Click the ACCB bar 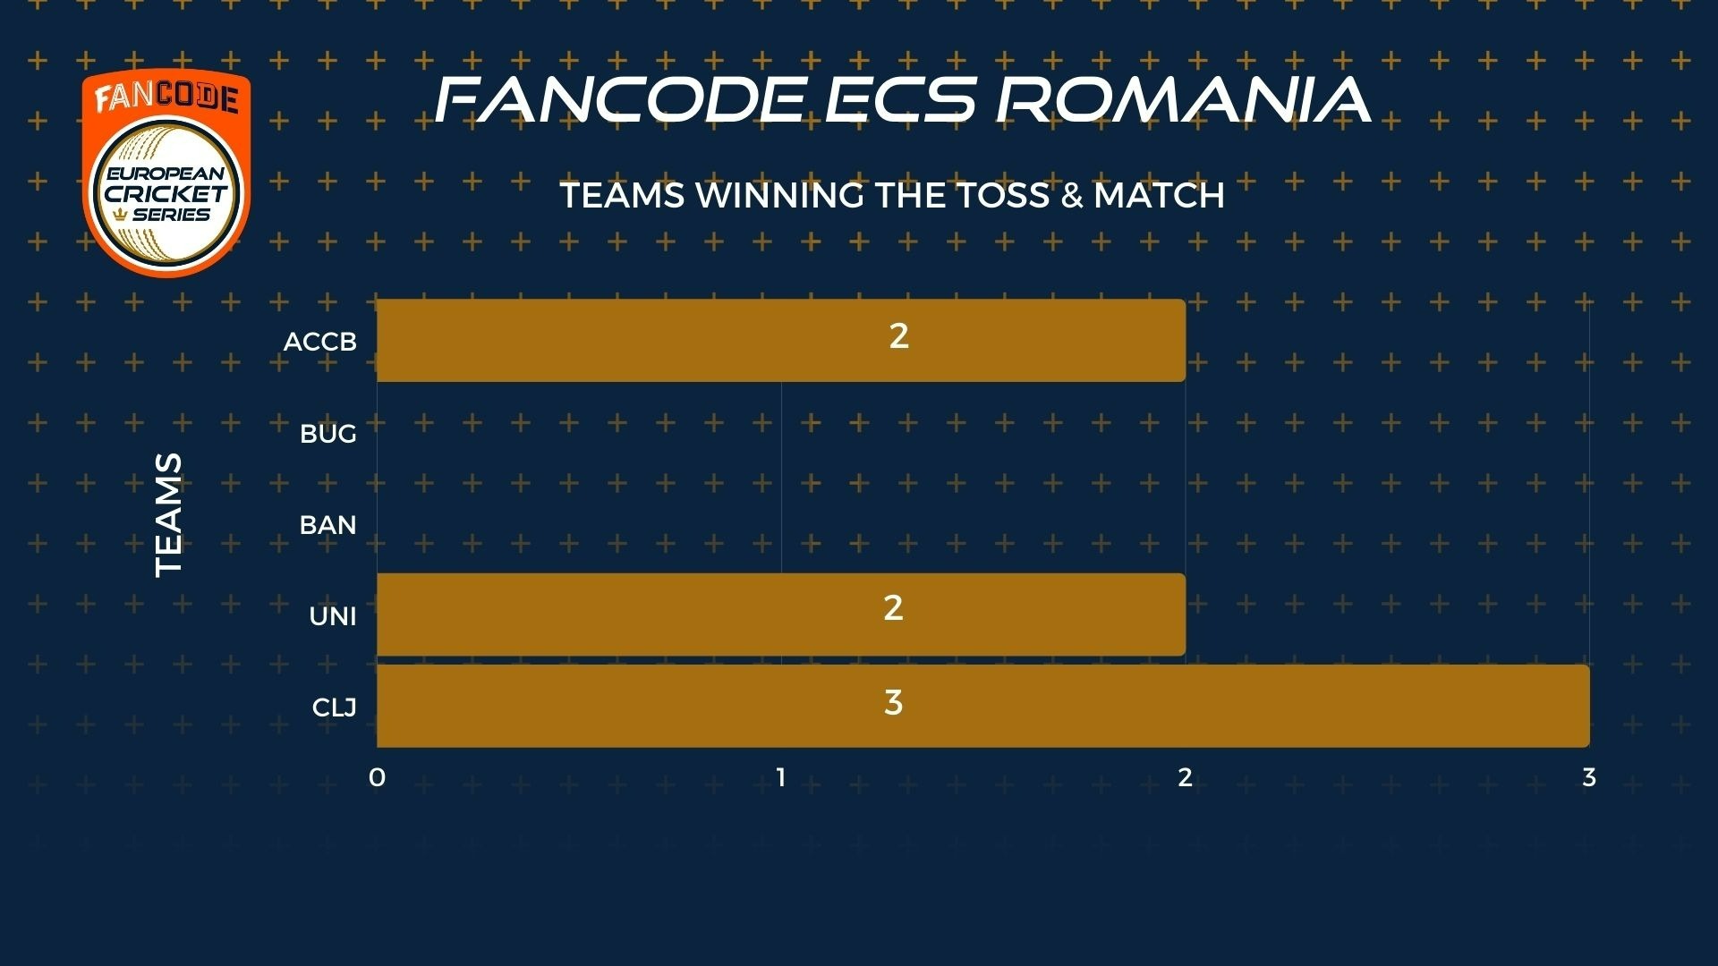point(781,340)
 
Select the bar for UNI point(781,614)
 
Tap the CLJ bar point(983,706)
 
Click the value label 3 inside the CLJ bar point(893,703)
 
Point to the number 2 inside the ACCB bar point(899,335)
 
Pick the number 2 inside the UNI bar point(893,608)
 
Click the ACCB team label point(320,342)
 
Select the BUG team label point(328,434)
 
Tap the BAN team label point(328,525)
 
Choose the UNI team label point(333,616)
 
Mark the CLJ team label point(335,708)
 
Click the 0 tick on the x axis point(377,777)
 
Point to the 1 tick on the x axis point(781,777)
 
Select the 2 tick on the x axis point(1186,777)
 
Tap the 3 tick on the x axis point(1589,777)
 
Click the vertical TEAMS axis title point(168,514)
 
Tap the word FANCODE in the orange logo point(166,97)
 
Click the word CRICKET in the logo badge point(166,193)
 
